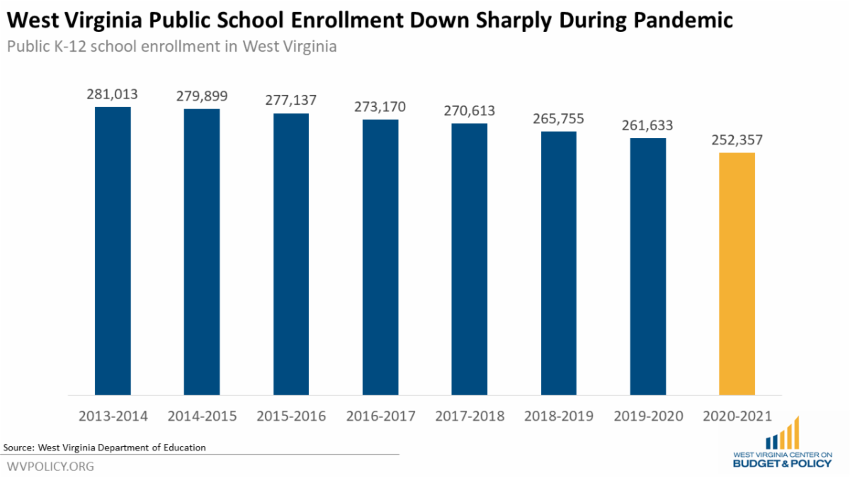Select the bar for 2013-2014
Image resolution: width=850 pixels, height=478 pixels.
pyautogui.click(x=113, y=251)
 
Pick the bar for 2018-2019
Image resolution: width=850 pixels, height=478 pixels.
pyautogui.click(x=559, y=263)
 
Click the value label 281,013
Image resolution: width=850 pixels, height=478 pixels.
pyautogui.click(x=113, y=94)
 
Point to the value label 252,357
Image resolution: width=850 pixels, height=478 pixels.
pyautogui.click(x=737, y=140)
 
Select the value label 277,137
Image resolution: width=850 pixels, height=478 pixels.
pyautogui.click(x=291, y=101)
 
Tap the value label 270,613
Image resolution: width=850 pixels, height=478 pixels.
pyautogui.click(x=470, y=111)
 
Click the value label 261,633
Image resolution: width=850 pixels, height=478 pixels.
pyautogui.click(x=647, y=125)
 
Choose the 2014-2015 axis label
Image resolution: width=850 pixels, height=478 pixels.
pyautogui.click(x=202, y=416)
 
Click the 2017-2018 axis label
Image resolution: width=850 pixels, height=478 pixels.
pyautogui.click(x=470, y=416)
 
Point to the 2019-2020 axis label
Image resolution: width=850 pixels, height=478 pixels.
pyautogui.click(x=647, y=416)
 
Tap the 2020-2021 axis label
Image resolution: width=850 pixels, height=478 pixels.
pyautogui.click(x=737, y=416)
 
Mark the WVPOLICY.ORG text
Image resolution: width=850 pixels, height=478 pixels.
pyautogui.click(x=50, y=467)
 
